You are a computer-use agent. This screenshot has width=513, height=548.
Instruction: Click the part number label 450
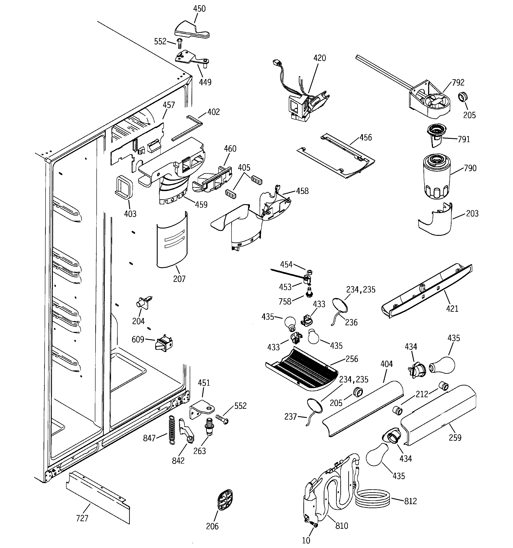tap(199, 9)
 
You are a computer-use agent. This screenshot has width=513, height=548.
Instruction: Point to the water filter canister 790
tap(436, 176)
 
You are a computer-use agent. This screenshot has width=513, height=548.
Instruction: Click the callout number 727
tap(82, 518)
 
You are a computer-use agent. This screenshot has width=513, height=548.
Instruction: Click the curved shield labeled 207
tap(172, 240)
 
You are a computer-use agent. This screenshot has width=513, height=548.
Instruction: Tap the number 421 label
tap(452, 308)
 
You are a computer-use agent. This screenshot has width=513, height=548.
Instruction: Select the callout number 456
tap(366, 137)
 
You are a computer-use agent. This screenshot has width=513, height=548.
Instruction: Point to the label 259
tap(455, 438)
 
